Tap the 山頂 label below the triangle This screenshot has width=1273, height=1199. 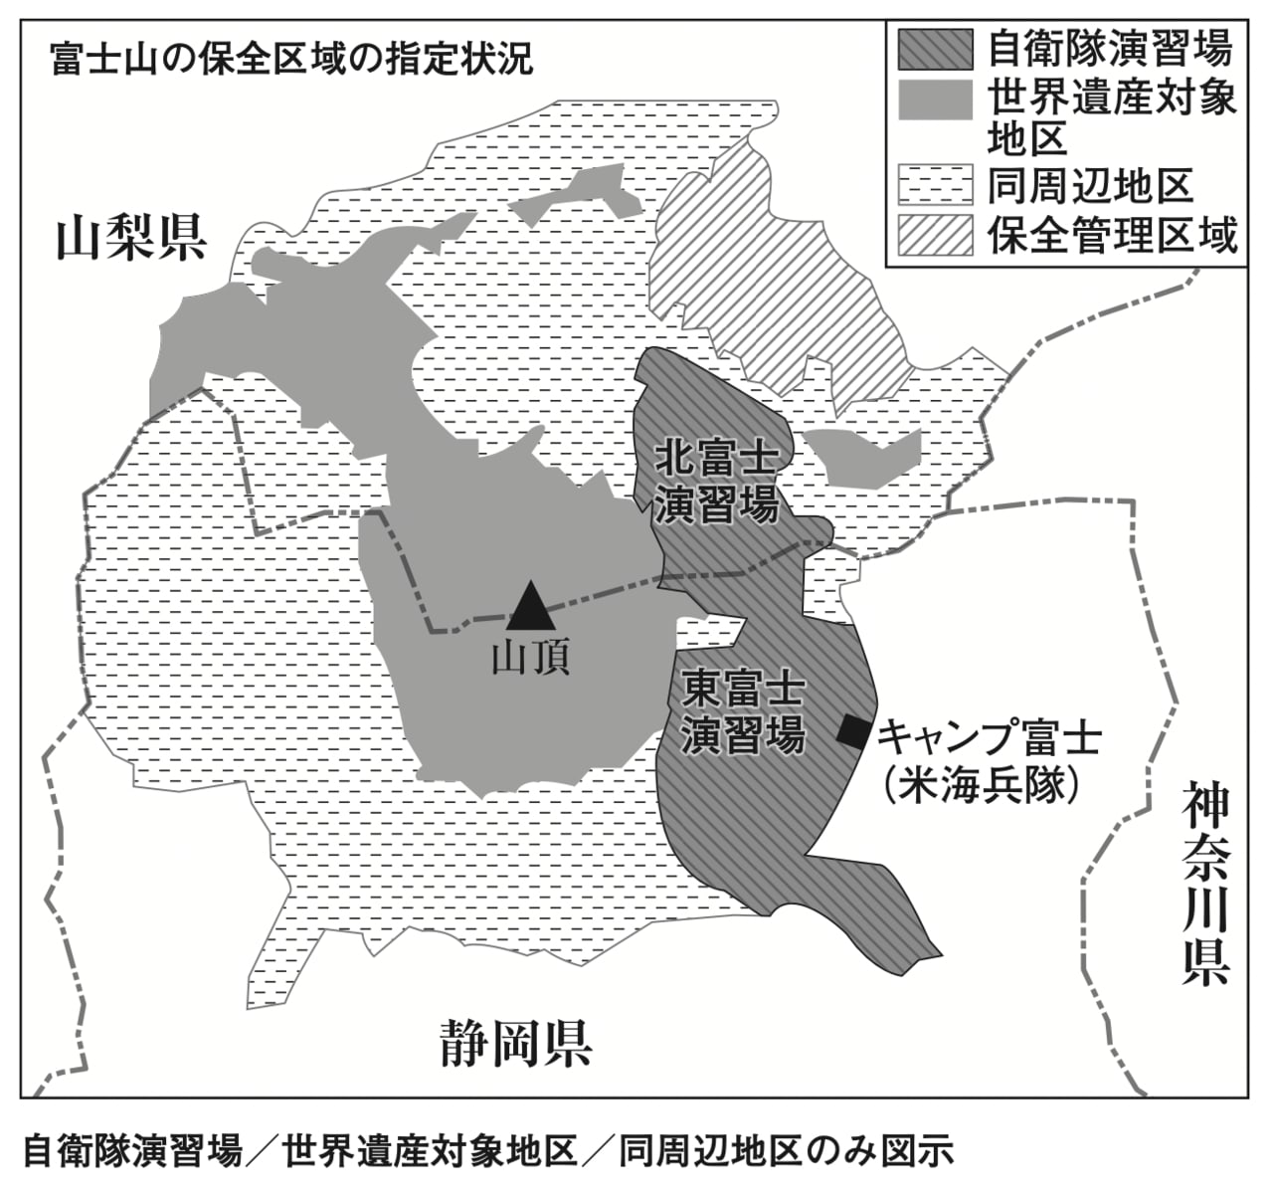tap(530, 658)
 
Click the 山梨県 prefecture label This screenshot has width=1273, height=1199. tap(130, 238)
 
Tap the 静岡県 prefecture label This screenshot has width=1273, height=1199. tap(516, 1044)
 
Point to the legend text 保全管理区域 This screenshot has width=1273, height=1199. tap(1113, 236)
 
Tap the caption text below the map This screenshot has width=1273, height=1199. tap(487, 1151)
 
